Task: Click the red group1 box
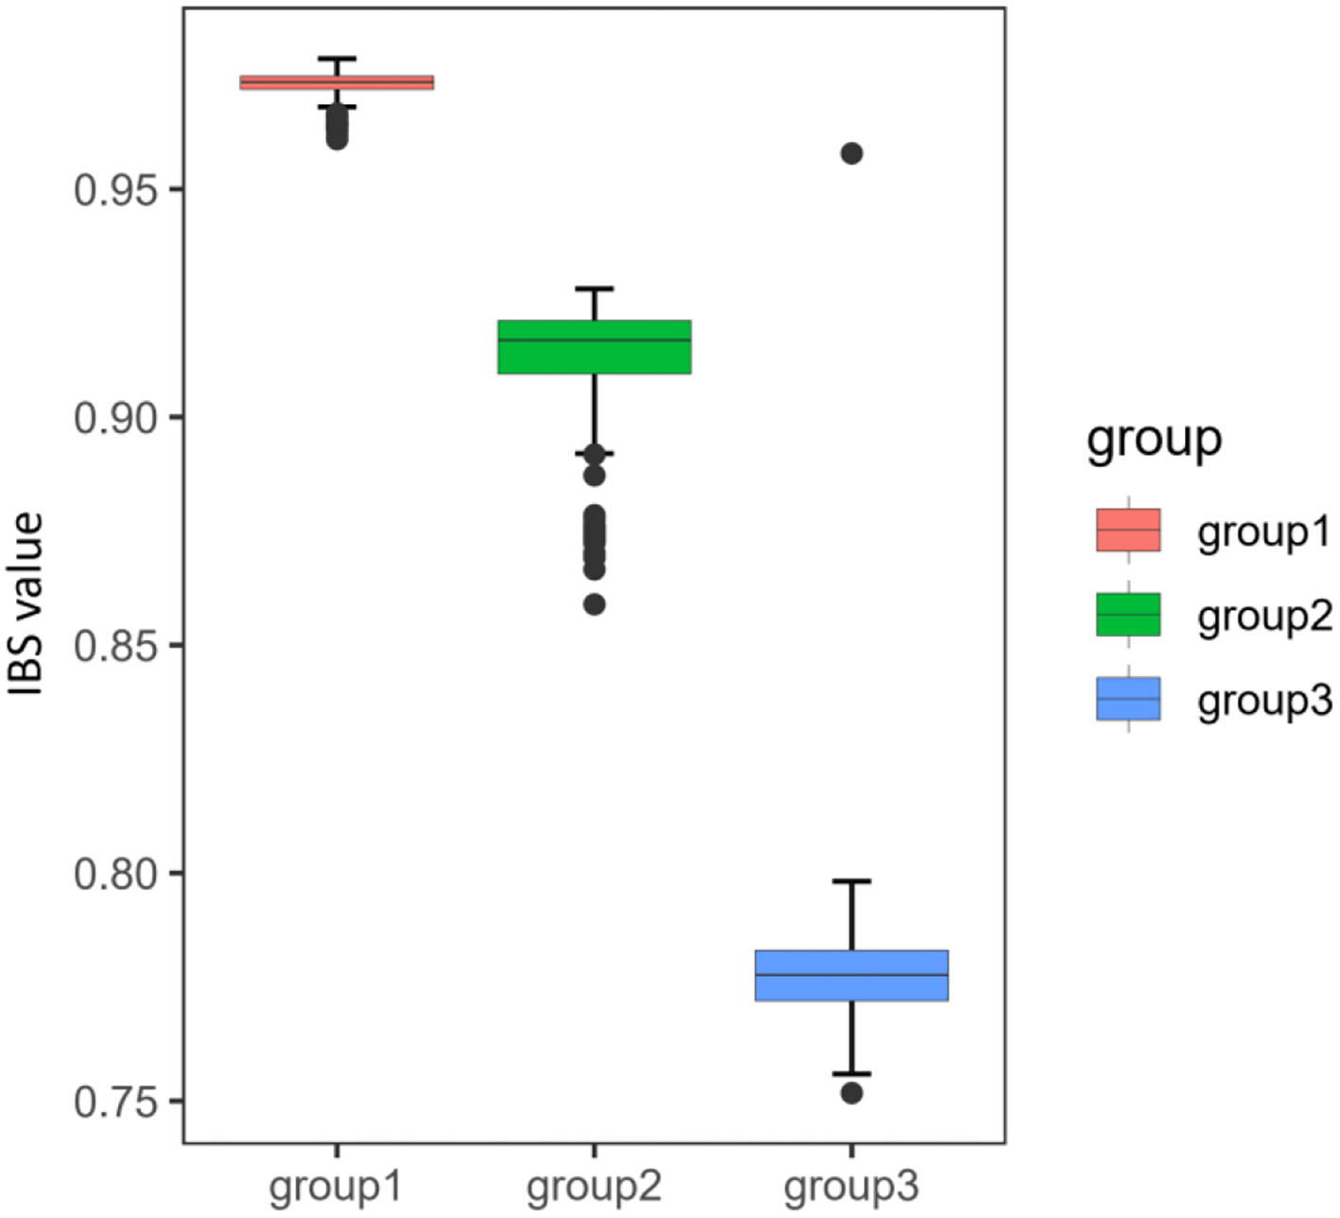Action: click(337, 82)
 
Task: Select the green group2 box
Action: click(594, 347)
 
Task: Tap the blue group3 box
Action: click(851, 975)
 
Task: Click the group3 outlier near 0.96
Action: click(851, 153)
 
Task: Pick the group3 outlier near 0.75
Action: click(851, 1093)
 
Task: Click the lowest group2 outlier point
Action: click(594, 604)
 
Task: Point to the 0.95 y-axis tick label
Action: click(114, 190)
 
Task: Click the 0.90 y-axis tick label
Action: click(114, 418)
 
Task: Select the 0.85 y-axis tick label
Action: click(114, 646)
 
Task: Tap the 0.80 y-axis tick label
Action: click(114, 874)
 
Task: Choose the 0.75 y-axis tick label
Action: click(114, 1103)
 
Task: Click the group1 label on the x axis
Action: click(336, 1186)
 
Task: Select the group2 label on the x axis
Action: click(594, 1186)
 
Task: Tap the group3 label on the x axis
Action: click(851, 1186)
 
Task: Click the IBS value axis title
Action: click(27, 605)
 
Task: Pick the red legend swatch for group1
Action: click(1128, 531)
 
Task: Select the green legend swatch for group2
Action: click(1128, 615)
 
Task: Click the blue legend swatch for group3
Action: click(1128, 699)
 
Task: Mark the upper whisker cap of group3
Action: click(851, 881)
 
